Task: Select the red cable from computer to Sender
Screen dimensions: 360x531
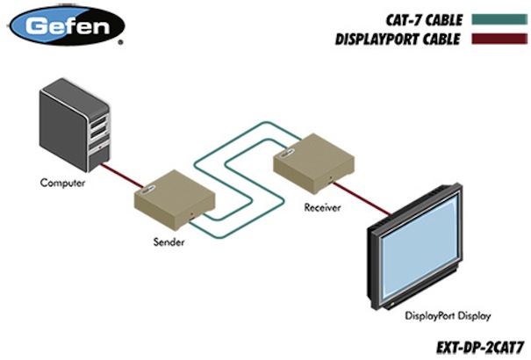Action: (x=119, y=176)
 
